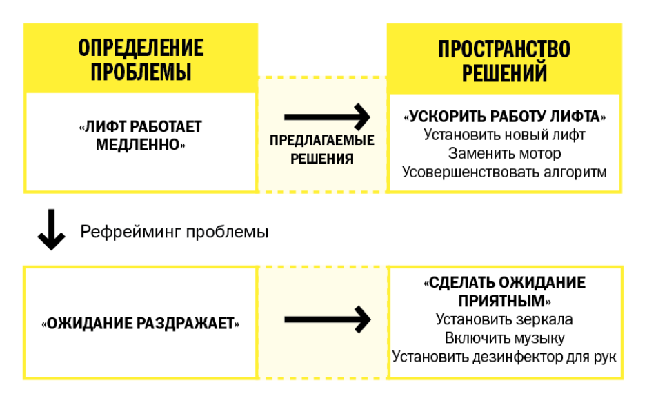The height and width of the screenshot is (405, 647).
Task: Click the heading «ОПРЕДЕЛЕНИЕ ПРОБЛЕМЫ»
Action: coord(141,60)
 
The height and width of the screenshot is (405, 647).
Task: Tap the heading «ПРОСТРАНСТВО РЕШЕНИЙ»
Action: coord(504,61)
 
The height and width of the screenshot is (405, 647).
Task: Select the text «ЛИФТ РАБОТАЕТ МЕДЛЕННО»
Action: coord(140,135)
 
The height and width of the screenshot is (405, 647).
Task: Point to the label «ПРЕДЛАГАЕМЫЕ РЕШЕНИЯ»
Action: coord(322,149)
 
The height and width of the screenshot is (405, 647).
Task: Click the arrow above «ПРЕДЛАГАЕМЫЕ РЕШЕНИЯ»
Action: coord(327,117)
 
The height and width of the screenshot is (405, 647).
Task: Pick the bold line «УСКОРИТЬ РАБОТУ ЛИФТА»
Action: coord(504,117)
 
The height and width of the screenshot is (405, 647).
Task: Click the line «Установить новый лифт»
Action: coord(504,135)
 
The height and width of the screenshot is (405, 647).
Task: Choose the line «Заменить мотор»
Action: coord(504,153)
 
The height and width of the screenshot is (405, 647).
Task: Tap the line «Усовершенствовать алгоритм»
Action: coord(504,172)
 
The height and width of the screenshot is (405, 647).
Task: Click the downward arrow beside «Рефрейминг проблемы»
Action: coord(51,230)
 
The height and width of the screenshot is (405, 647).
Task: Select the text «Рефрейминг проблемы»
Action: coord(174,232)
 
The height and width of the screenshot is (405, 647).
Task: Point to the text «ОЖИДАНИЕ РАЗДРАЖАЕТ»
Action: coord(140,324)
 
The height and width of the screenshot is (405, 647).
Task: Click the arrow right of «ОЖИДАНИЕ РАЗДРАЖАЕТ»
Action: coord(327,319)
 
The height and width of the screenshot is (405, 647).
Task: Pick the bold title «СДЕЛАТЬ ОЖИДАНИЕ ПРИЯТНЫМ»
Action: coord(504,292)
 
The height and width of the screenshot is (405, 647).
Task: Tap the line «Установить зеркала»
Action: coord(504,319)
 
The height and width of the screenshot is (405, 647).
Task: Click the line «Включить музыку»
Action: coord(504,338)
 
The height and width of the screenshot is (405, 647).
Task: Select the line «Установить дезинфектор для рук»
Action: coord(504,356)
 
